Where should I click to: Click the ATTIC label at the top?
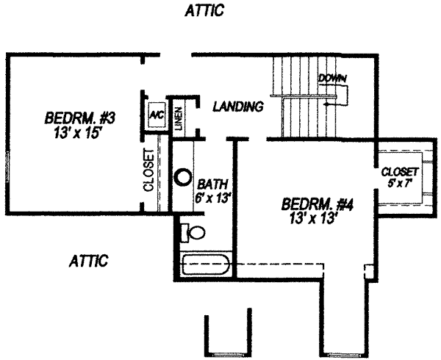pyautogui.click(x=205, y=11)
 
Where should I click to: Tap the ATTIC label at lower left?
pyautogui.click(x=89, y=261)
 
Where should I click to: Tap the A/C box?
pyautogui.click(x=155, y=115)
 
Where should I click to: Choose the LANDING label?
pyautogui.click(x=237, y=107)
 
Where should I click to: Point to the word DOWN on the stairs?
pyautogui.click(x=332, y=79)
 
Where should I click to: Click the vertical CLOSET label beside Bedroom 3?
pyautogui.click(x=148, y=170)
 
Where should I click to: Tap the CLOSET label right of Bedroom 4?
pyautogui.click(x=400, y=173)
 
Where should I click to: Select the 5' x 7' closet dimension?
pyautogui.click(x=400, y=184)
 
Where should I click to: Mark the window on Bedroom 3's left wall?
pyautogui.click(x=7, y=169)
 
